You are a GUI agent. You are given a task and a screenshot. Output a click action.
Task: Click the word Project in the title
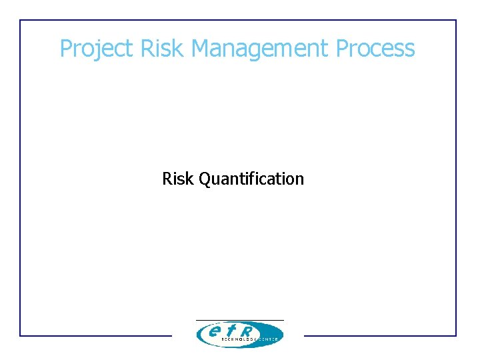pyautogui.click(x=97, y=49)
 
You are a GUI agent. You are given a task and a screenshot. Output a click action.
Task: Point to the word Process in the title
pyautogui.click(x=375, y=49)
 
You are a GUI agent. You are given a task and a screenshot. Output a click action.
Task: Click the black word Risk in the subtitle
pyautogui.click(x=178, y=179)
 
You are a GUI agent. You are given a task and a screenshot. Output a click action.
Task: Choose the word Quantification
pyautogui.click(x=251, y=179)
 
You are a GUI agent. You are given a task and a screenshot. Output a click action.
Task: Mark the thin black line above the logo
pyautogui.click(x=240, y=320)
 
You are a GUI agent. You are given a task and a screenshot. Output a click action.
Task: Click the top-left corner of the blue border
pyautogui.click(x=20, y=20)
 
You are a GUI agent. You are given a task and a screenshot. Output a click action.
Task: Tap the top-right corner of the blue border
pyautogui.click(x=456, y=20)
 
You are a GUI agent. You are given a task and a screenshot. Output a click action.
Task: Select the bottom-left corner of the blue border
pyautogui.click(x=20, y=335)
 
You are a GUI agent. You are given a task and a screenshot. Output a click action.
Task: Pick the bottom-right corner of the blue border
pyautogui.click(x=456, y=335)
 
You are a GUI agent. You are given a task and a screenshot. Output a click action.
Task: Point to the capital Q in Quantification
pyautogui.click(x=205, y=179)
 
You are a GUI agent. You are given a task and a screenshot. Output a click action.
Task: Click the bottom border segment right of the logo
pyautogui.click(x=380, y=335)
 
